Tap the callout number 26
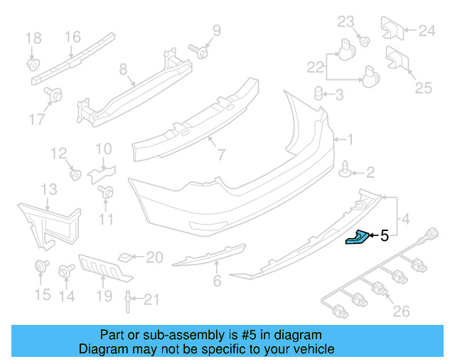coord(402,311)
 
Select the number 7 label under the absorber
coord(221,154)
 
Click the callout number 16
coord(73,37)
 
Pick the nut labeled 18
coord(33,63)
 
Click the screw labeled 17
coord(53,94)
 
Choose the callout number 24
coord(426,31)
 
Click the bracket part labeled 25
coord(395,60)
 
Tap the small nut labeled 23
coord(363,40)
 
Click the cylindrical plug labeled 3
coord(321,94)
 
